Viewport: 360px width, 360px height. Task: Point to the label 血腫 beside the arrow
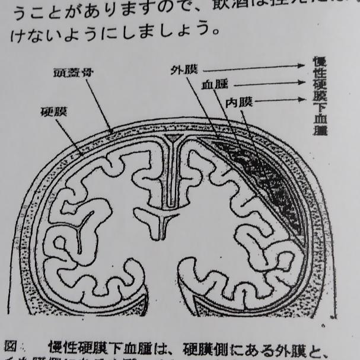click(214, 85)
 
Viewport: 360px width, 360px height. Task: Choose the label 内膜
click(238, 101)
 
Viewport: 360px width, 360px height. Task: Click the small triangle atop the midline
click(172, 138)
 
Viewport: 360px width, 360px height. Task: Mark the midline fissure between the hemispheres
click(172, 178)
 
